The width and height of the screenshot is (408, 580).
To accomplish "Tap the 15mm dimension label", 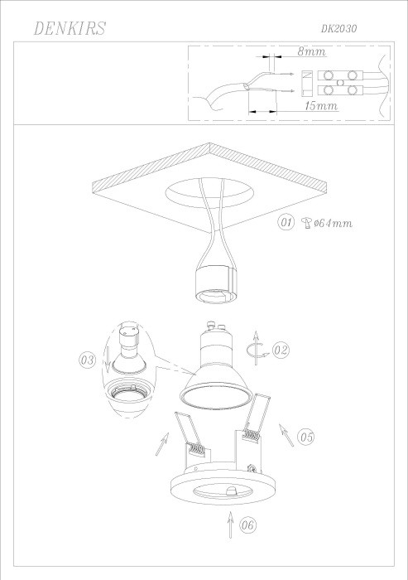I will click(x=319, y=107).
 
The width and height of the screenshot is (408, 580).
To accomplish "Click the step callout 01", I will click(x=286, y=223).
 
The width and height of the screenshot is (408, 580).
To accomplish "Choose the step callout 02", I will click(x=281, y=350).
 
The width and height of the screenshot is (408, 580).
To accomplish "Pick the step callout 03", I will click(x=87, y=360).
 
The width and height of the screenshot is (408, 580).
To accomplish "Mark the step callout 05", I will click(x=306, y=434).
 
